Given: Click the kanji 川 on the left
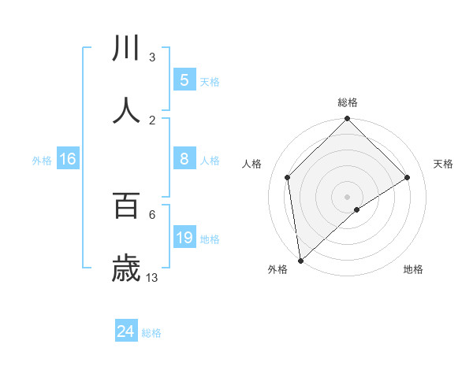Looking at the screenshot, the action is point(126,48).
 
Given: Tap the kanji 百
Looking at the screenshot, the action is point(126,205).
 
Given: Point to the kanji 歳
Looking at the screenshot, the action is point(126,268).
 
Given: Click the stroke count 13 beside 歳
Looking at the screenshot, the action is point(152,277).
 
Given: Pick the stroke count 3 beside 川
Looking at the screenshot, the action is point(152,57).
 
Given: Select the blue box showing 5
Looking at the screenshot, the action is point(184,80).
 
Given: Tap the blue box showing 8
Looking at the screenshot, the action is point(184,159).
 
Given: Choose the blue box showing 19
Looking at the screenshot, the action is point(184,238).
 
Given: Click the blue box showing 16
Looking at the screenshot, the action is point(68,159).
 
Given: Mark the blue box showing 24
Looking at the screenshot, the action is point(126,331).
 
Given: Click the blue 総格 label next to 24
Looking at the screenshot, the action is point(151,333).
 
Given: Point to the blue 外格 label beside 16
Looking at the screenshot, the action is point(42,161).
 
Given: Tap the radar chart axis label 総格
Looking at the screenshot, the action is point(348,102).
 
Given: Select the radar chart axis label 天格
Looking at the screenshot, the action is point(444,164).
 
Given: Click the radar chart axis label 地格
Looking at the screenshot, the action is point(413,269).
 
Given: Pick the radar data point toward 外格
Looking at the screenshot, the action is point(300,261).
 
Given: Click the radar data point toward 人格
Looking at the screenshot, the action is point(288,177).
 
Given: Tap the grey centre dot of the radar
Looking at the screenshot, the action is point(348,196).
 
